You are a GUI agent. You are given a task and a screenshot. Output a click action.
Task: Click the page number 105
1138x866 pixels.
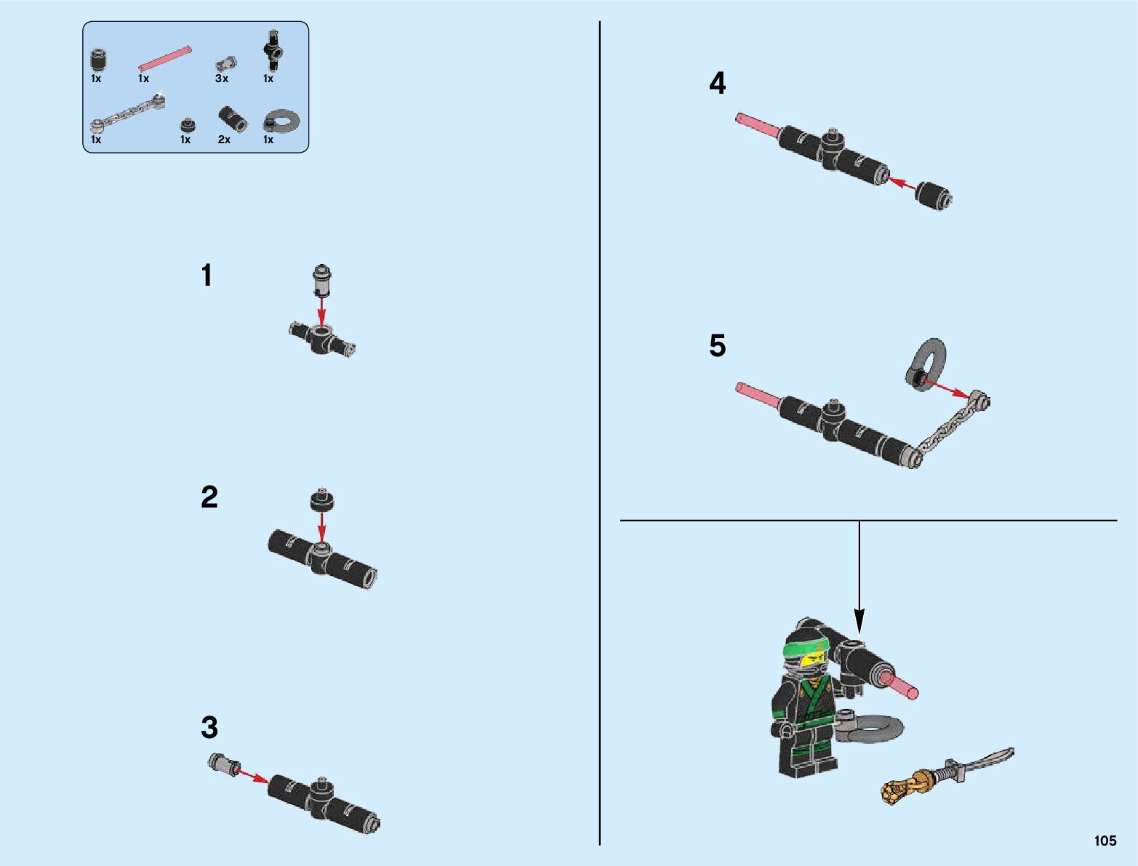pos(1105,841)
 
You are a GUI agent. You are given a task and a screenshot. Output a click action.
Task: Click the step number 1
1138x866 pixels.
pos(207,275)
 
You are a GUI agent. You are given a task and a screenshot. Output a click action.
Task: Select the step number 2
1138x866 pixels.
pos(209,497)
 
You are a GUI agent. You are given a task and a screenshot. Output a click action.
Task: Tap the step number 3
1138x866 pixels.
pos(209,727)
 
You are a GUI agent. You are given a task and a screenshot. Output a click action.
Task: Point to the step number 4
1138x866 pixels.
pos(718,83)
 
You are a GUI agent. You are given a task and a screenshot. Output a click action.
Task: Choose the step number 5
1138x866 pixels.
pos(718,345)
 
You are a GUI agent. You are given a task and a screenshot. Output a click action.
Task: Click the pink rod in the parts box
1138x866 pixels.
pos(165,59)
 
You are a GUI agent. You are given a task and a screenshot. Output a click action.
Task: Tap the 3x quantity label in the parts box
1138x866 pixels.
pos(221,79)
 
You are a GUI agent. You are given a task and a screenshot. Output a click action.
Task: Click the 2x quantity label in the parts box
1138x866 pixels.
pos(224,140)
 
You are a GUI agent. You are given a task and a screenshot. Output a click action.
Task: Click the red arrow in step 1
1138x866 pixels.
pos(321,310)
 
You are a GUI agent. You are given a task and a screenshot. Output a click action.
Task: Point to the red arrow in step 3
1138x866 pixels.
pos(252,776)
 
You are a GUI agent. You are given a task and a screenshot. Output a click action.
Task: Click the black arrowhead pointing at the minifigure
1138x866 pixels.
pos(859,621)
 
